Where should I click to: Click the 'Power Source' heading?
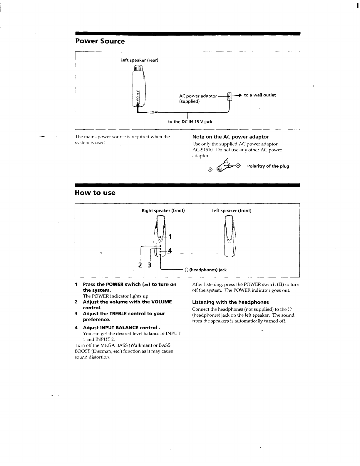click(x=100, y=41)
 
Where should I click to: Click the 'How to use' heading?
click(x=95, y=193)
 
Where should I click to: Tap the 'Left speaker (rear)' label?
click(x=139, y=60)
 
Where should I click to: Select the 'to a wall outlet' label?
click(x=260, y=95)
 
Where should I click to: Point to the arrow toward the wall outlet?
click(x=238, y=95)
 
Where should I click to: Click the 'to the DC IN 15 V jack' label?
click(x=190, y=122)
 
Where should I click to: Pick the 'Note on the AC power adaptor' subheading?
click(x=231, y=137)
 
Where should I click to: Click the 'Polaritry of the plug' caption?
click(x=268, y=166)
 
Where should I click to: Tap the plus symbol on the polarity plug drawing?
click(x=210, y=170)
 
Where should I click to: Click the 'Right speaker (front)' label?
click(x=163, y=211)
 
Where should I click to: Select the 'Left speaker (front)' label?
click(x=232, y=211)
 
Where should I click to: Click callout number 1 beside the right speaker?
click(x=170, y=237)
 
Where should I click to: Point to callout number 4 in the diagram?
click(x=170, y=250)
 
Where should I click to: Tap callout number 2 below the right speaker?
click(x=140, y=265)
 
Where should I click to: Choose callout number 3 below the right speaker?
click(x=149, y=265)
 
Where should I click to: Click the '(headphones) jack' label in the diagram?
click(x=208, y=270)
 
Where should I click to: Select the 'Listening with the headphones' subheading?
click(x=230, y=302)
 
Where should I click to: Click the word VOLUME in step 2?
click(x=161, y=302)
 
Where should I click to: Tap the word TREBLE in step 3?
click(x=118, y=313)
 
